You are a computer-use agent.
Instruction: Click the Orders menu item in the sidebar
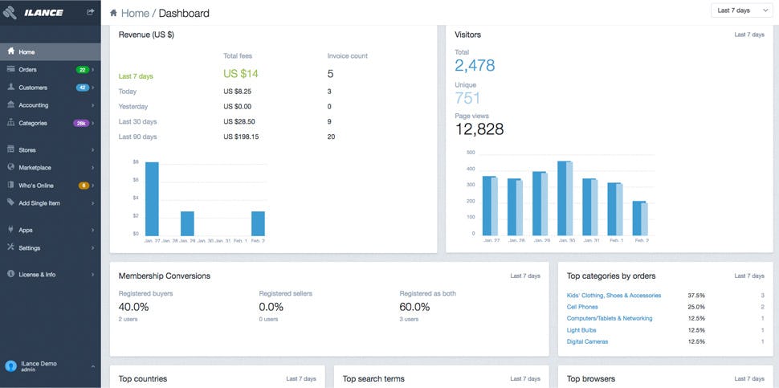point(27,70)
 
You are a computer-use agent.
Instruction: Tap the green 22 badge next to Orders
point(82,70)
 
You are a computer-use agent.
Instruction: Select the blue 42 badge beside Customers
point(82,88)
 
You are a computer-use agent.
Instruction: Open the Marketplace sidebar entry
point(35,168)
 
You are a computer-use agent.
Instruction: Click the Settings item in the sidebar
point(29,247)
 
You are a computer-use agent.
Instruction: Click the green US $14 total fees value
point(241,74)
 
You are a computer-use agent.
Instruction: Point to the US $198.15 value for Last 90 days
point(239,137)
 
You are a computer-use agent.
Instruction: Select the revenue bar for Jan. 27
point(151,198)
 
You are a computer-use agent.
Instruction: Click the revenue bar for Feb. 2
point(258,223)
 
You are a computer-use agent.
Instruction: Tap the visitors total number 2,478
point(475,66)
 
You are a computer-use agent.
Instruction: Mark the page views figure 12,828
point(479,129)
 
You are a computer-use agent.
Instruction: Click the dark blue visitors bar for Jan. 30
point(562,198)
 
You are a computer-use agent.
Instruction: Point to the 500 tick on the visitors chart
point(471,152)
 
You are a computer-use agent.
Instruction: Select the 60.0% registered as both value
point(414,307)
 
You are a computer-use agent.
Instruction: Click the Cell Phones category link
point(582,307)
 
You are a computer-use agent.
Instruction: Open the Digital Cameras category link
point(587,341)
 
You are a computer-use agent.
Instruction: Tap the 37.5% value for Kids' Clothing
point(695,296)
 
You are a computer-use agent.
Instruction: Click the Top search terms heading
point(373,378)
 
